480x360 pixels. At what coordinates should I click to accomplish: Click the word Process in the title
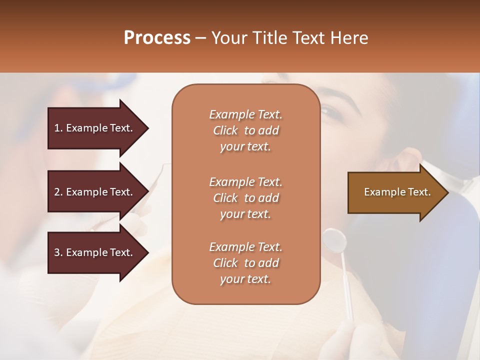tap(157, 38)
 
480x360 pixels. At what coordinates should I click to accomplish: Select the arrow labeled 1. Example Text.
tap(95, 128)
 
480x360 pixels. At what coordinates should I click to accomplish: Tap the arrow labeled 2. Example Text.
tap(95, 192)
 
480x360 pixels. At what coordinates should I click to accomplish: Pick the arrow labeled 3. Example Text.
tap(95, 252)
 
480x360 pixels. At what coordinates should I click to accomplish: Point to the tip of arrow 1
tap(147, 128)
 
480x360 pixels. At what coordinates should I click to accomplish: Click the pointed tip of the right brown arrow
tap(447, 192)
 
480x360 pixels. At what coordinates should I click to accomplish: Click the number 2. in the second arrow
tap(58, 192)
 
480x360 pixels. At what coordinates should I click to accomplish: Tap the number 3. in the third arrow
tap(58, 252)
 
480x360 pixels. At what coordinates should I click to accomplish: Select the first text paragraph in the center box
tap(245, 130)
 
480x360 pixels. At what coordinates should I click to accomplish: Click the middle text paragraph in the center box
tap(245, 198)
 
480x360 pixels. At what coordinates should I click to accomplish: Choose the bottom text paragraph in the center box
tap(245, 263)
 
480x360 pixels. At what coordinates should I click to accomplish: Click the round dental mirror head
tap(334, 241)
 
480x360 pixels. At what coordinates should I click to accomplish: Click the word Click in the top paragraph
tap(225, 130)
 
